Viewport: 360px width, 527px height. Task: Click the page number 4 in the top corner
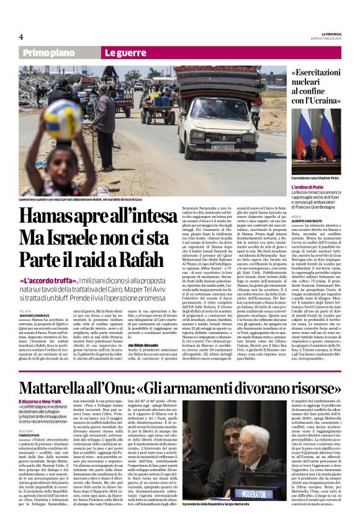coord(20,37)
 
